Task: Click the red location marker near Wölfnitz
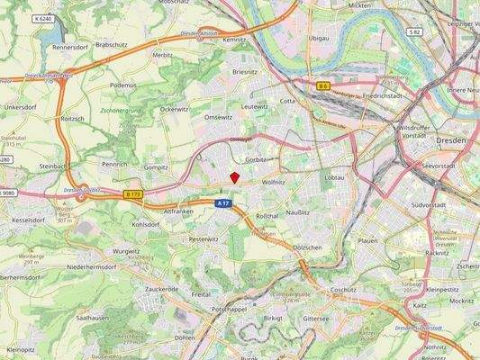[x=234, y=177]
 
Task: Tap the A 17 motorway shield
[x=223, y=203]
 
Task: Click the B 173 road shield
[x=133, y=193]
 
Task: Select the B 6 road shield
[x=323, y=85]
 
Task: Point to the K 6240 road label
[x=42, y=18]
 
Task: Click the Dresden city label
[x=450, y=140]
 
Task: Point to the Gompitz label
[x=156, y=166]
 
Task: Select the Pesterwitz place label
[x=203, y=239]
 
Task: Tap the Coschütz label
[x=343, y=290]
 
